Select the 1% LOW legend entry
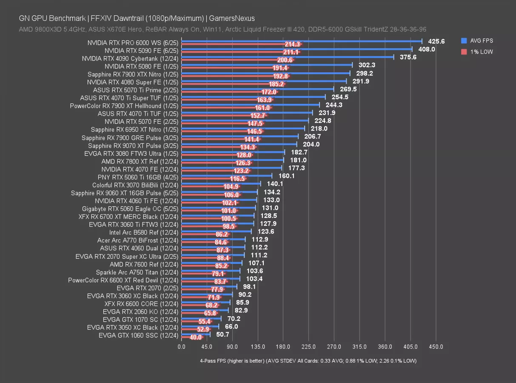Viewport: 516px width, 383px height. pyautogui.click(x=481, y=52)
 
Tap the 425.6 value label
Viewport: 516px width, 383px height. pyautogui.click(x=436, y=41)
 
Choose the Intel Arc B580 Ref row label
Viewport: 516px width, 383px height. pyautogui.click(x=143, y=232)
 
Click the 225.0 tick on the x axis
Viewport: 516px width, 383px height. pyautogui.click(x=308, y=347)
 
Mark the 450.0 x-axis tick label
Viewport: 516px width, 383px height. pyautogui.click(x=436, y=347)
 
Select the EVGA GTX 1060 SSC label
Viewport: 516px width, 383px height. pyautogui.click(x=138, y=335)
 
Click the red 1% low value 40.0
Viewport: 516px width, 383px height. pyautogui.click(x=196, y=337)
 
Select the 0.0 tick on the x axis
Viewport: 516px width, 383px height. pyautogui.click(x=181, y=347)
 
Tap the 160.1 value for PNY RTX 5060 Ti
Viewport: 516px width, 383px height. pyautogui.click(x=287, y=176)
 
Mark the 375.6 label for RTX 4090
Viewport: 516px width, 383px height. pyautogui.click(x=408, y=57)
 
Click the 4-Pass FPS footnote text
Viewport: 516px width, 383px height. pyautogui.click(x=308, y=361)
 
